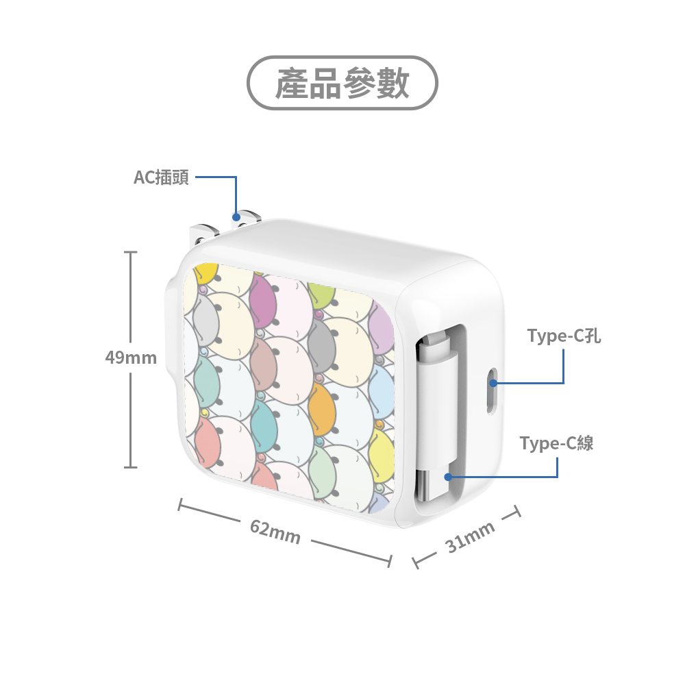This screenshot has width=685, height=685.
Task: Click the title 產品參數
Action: pyautogui.click(x=342, y=83)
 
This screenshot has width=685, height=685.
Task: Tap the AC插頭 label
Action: pyautogui.click(x=161, y=178)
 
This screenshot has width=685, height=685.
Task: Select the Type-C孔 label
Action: pyautogui.click(x=564, y=336)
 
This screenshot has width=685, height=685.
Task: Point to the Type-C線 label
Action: pyautogui.click(x=556, y=443)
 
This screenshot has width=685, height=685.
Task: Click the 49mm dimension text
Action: pyautogui.click(x=131, y=358)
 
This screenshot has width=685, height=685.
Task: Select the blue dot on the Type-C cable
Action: pyautogui.click(x=448, y=475)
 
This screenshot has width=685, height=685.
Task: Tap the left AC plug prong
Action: pyautogui.click(x=203, y=233)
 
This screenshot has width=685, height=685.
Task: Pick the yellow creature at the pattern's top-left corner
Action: pyautogui.click(x=205, y=273)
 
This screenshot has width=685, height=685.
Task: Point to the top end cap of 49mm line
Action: pyautogui.click(x=131, y=253)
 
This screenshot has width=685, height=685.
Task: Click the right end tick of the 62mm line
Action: pyautogui.click(x=390, y=561)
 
